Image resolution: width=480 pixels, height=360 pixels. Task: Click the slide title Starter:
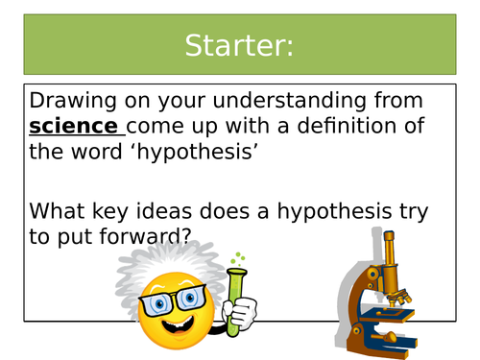(x=240, y=44)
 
